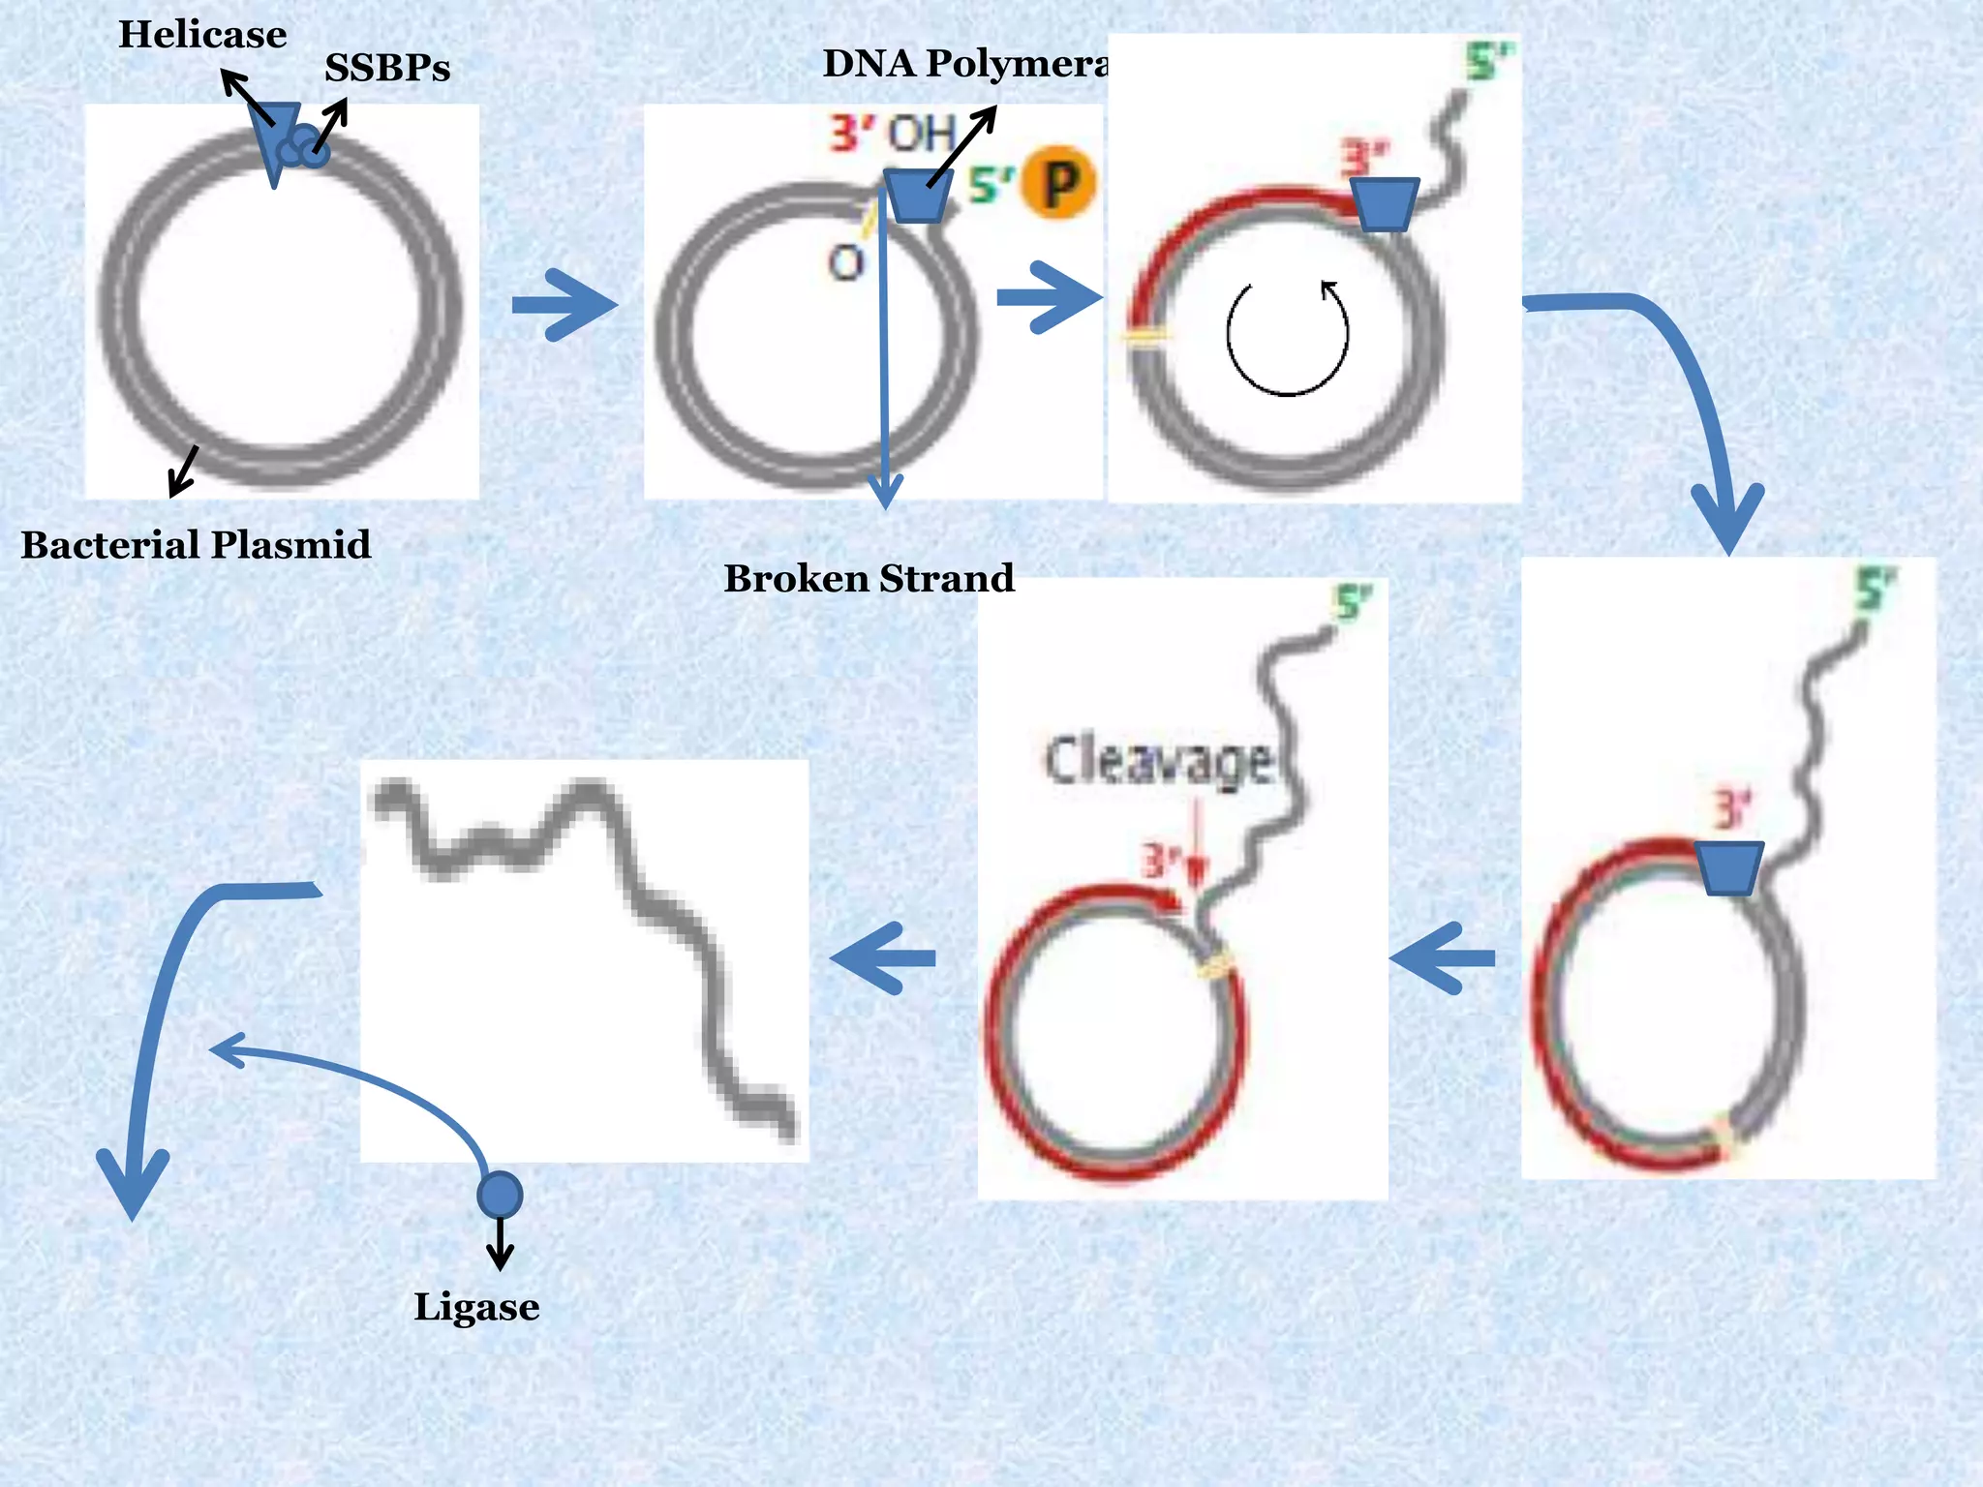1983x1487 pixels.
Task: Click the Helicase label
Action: tap(202, 36)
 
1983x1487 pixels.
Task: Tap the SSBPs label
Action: tap(387, 69)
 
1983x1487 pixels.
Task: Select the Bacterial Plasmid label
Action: tap(196, 545)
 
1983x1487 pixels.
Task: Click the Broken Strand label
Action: tap(869, 579)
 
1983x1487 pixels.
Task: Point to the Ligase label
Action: tap(476, 1307)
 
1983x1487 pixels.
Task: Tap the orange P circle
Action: tap(1060, 182)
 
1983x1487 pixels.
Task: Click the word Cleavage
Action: tap(1158, 762)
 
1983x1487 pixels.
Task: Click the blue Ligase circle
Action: tap(500, 1194)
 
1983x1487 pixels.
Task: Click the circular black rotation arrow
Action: tap(1287, 338)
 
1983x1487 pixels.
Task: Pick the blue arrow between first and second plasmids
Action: tap(564, 305)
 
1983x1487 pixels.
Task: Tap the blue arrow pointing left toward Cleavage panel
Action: tap(1442, 958)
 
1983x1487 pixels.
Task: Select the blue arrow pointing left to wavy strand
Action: tap(883, 958)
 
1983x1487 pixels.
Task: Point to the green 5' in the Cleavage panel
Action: tap(1353, 604)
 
